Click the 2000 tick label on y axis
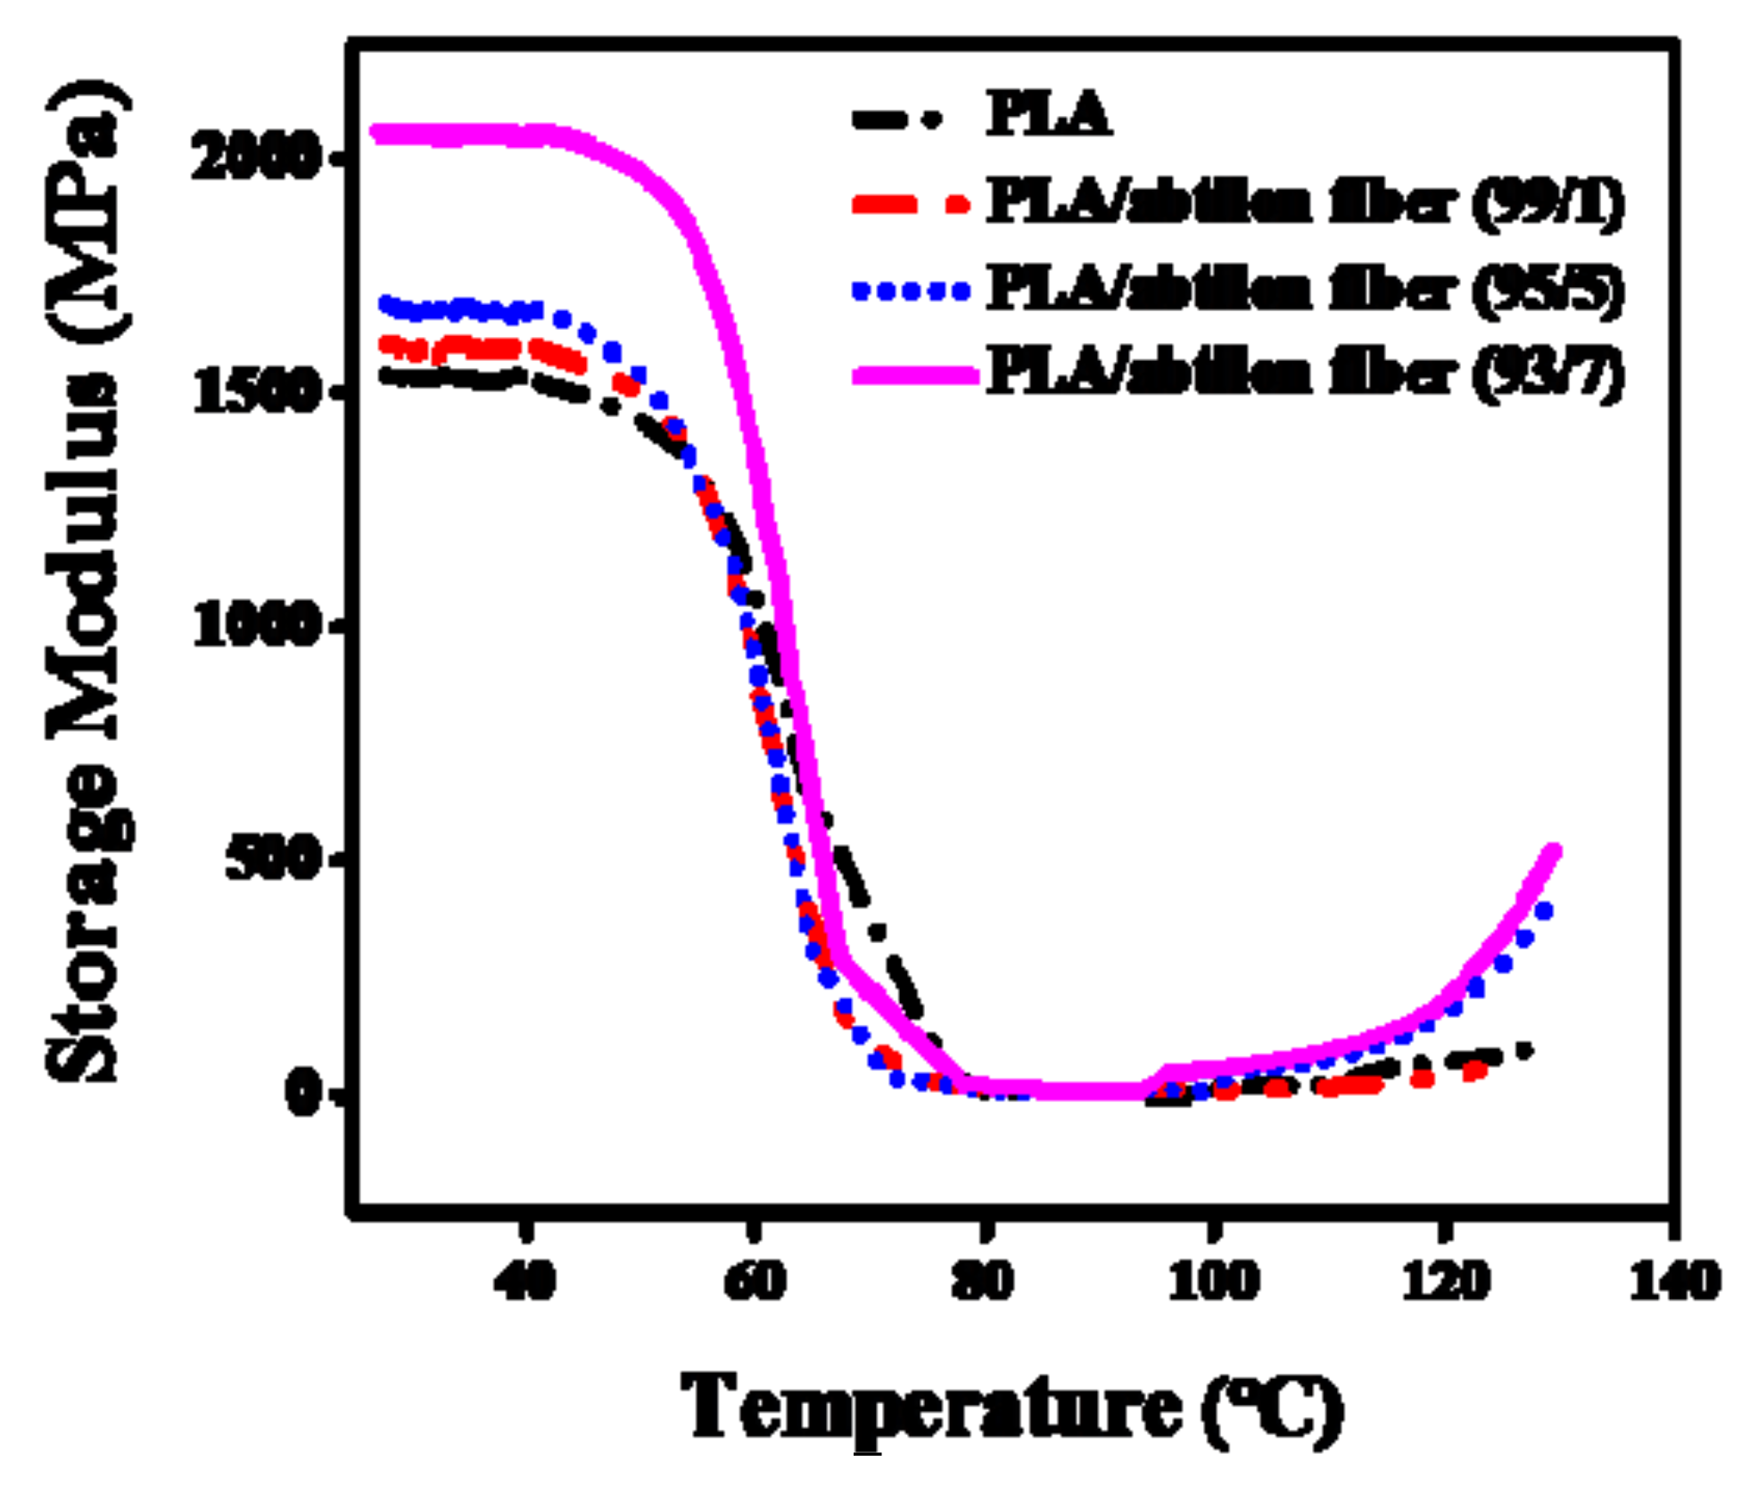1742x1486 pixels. (x=256, y=159)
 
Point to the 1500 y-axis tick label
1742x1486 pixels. (x=256, y=391)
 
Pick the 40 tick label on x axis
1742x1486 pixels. (x=525, y=1282)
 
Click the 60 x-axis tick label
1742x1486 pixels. (x=755, y=1282)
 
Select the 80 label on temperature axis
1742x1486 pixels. (x=983, y=1282)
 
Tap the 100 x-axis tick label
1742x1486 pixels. (x=1213, y=1282)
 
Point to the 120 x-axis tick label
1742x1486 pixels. (x=1445, y=1282)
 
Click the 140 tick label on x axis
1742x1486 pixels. (x=1674, y=1282)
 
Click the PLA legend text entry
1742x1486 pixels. (x=1049, y=115)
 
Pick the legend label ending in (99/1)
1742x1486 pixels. (x=1305, y=202)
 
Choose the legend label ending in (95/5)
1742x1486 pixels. (x=1305, y=289)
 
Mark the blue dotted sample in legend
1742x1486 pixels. (x=910, y=290)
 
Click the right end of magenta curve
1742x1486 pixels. (x=1554, y=850)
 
